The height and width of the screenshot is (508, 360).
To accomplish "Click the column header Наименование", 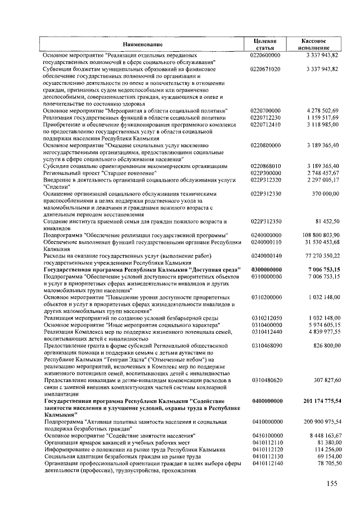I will point(143,44).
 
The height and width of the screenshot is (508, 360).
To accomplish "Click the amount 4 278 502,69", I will point(322,111).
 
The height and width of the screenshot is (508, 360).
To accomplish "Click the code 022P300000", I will point(265,174).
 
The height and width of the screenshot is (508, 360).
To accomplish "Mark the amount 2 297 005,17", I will point(322,180).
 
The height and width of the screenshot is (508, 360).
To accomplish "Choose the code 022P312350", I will point(265,221).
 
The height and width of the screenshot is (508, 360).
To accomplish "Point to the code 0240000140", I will point(264,256).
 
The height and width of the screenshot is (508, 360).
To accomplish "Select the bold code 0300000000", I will point(264,270).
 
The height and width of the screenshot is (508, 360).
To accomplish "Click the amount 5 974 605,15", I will point(322,325).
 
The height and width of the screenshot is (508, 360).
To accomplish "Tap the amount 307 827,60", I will point(324,380).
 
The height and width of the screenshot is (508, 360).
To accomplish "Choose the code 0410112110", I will point(264,443).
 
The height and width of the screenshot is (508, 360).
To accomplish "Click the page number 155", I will point(331,484).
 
